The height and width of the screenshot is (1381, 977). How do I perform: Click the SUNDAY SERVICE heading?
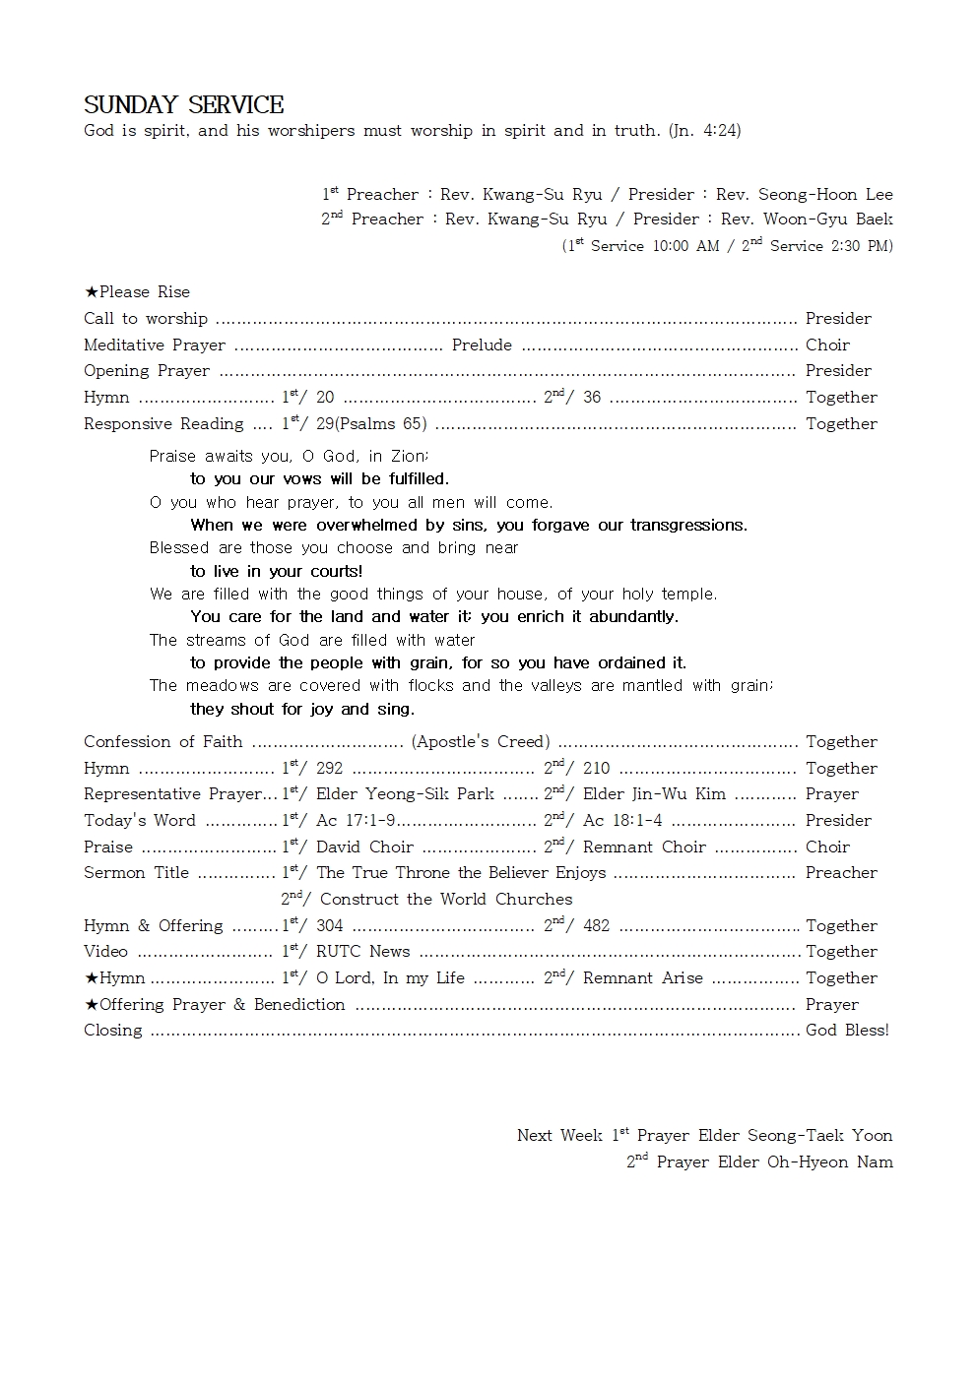point(183,105)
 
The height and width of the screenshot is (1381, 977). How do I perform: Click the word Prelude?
point(482,345)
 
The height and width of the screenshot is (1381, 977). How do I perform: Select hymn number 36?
point(591,398)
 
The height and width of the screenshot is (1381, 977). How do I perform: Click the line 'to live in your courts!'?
point(277,572)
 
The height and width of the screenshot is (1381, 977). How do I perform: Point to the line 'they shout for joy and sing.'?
point(302,710)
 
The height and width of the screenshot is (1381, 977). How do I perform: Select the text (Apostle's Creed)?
point(481,742)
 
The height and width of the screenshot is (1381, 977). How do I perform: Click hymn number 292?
point(329,769)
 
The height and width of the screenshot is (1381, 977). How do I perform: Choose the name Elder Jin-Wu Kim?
point(654,794)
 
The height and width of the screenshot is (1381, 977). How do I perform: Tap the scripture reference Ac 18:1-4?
point(622,821)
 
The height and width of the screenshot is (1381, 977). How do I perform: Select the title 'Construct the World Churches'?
point(446,900)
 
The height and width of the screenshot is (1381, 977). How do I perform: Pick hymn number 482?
point(596,926)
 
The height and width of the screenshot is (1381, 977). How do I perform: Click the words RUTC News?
point(362,952)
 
